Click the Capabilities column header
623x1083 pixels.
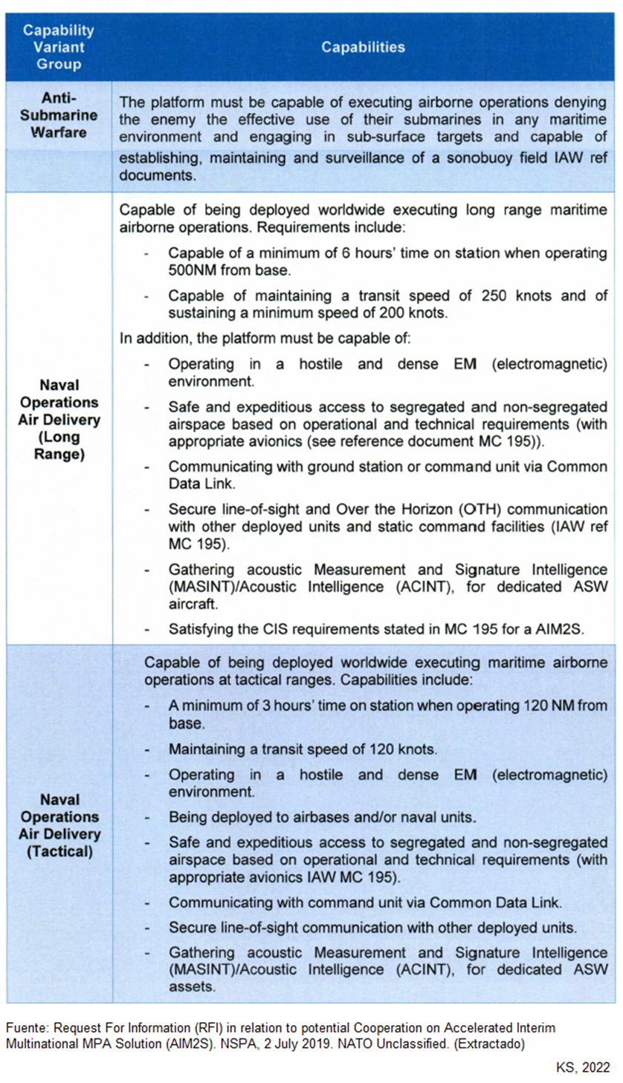coord(363,48)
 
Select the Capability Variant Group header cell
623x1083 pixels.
coord(58,48)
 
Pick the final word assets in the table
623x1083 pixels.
coord(190,986)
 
